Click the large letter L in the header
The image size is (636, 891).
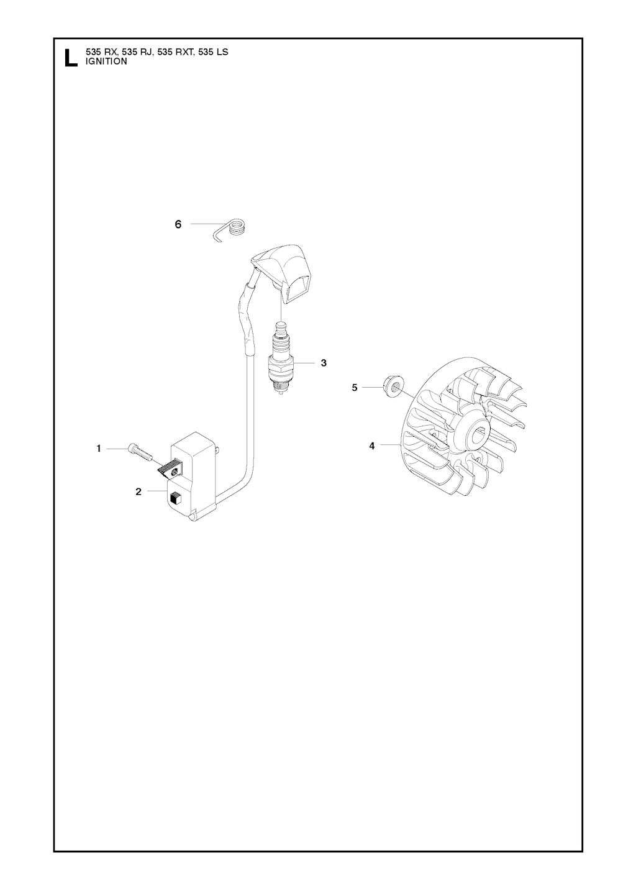point(71,58)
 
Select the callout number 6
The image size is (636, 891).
point(178,224)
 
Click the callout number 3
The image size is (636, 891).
point(324,363)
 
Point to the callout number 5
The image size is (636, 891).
point(355,388)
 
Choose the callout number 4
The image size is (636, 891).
point(371,446)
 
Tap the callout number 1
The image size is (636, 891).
point(99,449)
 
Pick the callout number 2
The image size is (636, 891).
point(139,491)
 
